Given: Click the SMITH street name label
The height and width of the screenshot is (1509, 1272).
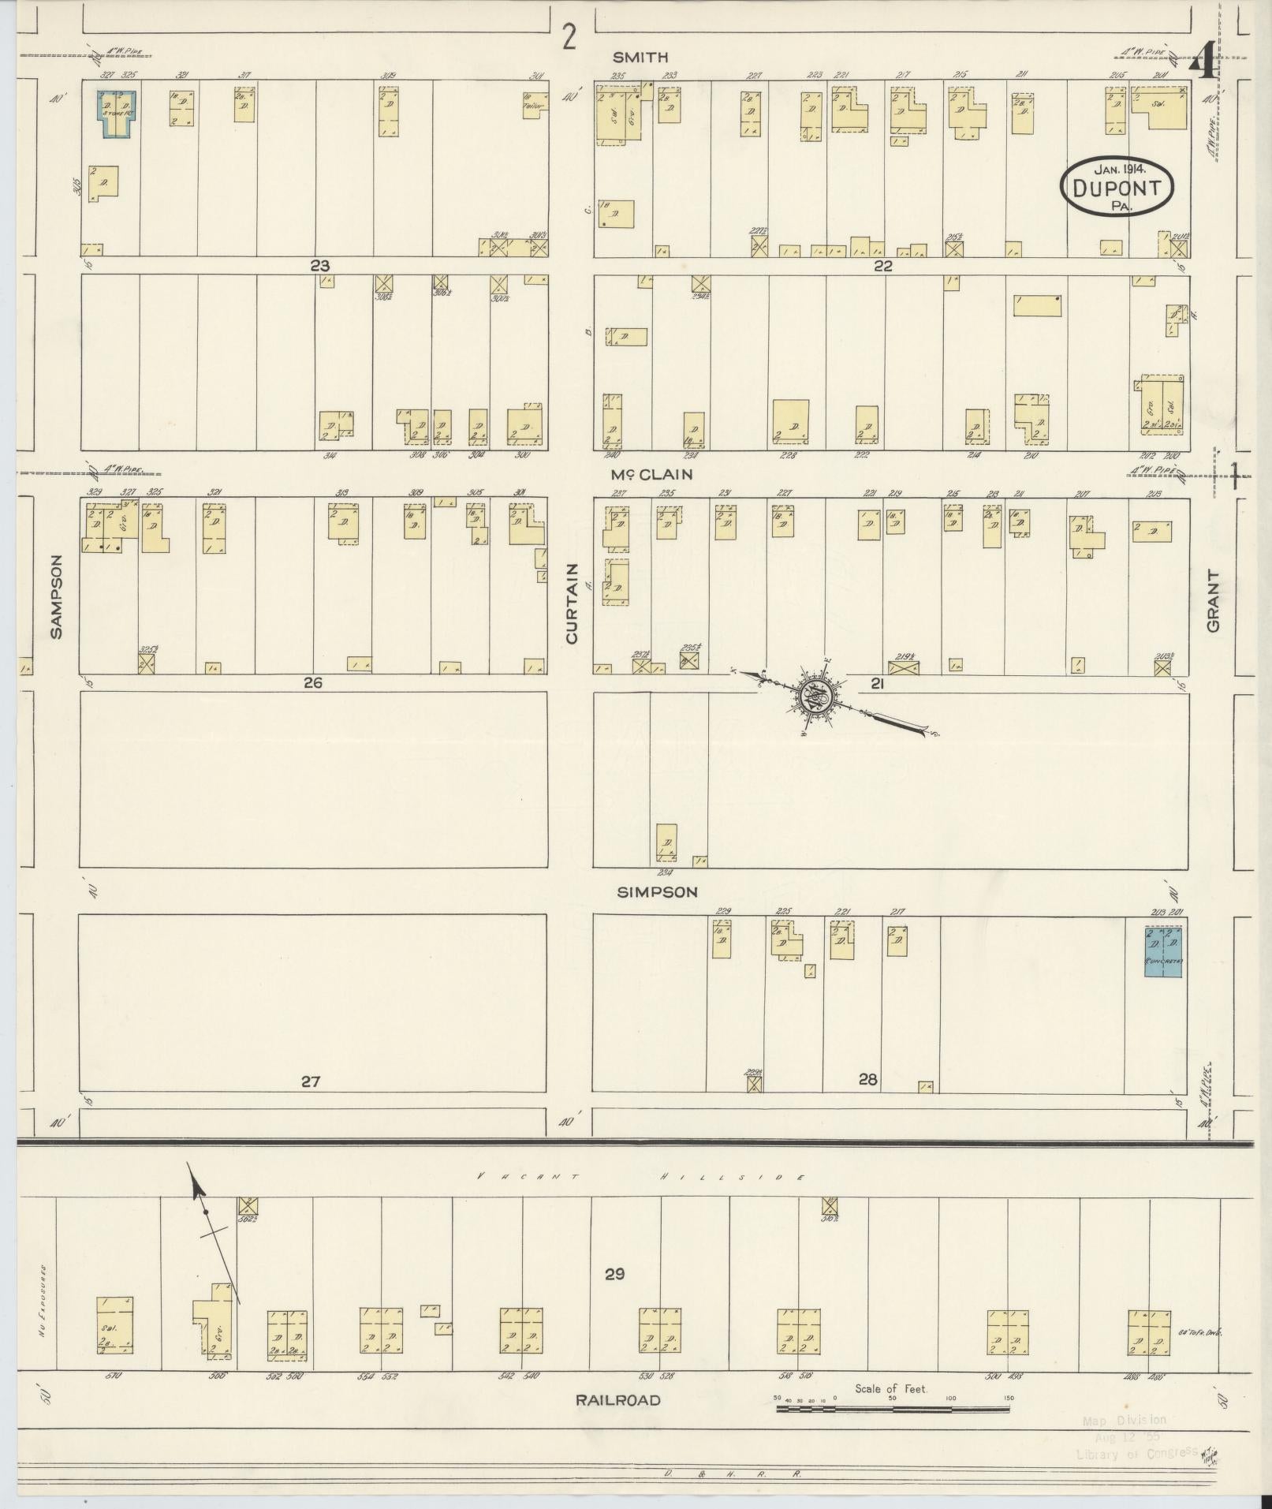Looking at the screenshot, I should [x=640, y=57].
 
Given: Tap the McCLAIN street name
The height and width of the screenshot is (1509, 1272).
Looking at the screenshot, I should [x=651, y=474].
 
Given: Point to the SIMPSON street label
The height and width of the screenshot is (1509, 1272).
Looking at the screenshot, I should [x=657, y=891].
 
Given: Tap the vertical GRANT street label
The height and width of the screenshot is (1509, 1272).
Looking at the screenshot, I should [x=1212, y=601].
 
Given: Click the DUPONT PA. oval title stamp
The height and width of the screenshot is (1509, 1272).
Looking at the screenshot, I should [x=1117, y=187].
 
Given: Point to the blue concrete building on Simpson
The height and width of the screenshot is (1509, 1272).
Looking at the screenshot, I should [x=1163, y=952].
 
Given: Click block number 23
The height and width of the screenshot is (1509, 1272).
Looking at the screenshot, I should [x=319, y=266].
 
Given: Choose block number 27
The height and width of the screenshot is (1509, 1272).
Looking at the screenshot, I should [x=311, y=1081].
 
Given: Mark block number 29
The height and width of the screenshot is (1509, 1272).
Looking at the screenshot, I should [x=614, y=1273].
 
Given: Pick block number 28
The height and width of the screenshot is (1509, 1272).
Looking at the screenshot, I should [x=867, y=1079].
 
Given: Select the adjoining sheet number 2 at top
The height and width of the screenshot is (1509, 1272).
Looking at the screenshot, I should [x=569, y=37].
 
